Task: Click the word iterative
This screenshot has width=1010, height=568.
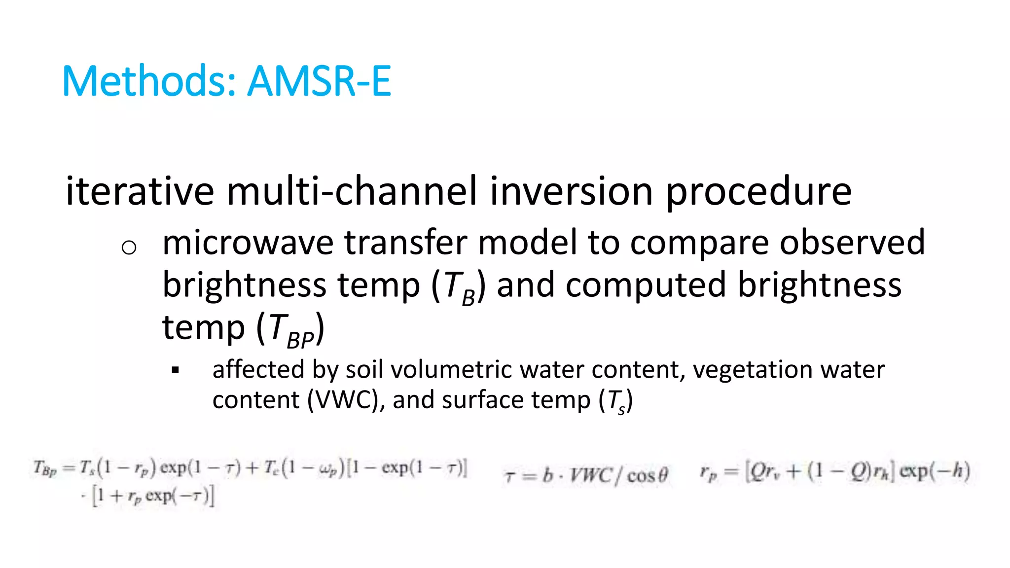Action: click(140, 191)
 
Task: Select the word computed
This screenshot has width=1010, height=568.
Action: click(646, 285)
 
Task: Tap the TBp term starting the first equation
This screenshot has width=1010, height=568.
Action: click(45, 467)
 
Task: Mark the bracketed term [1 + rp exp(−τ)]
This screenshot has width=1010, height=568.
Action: click(153, 496)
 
